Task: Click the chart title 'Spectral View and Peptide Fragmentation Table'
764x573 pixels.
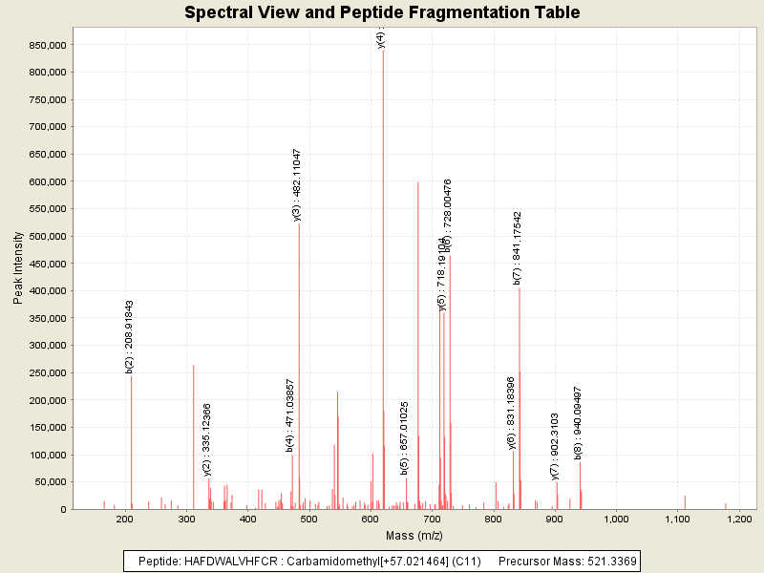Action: [x=382, y=12]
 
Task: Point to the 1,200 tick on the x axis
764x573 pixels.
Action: [x=740, y=519]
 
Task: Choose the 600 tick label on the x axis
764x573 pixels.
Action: [x=371, y=519]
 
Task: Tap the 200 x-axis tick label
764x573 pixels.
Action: [x=125, y=519]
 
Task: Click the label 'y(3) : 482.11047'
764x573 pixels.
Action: [x=297, y=184]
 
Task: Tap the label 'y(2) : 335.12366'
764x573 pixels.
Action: [x=207, y=438]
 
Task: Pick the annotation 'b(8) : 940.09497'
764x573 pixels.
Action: [x=578, y=422]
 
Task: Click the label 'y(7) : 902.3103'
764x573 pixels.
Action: [x=555, y=446]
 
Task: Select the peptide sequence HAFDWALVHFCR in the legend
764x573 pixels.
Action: [x=230, y=561]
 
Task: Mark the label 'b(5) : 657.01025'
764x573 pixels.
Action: [x=404, y=437]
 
